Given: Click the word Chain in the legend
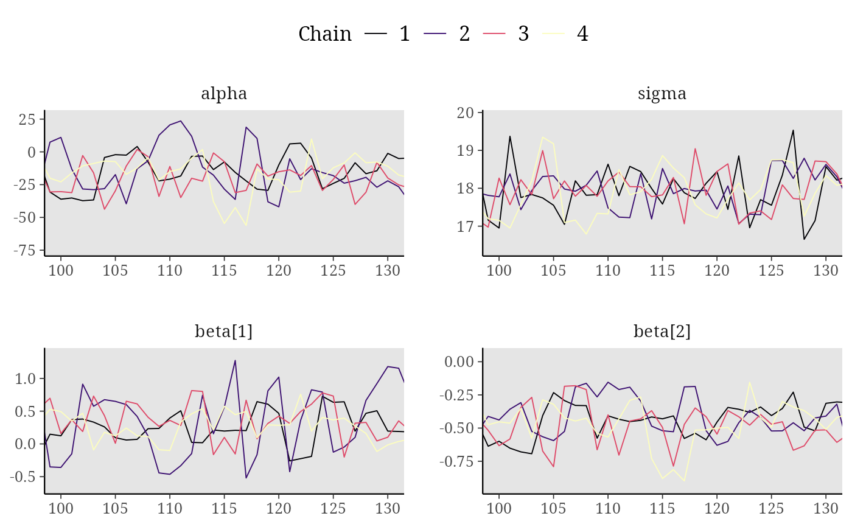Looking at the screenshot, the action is click(325, 34).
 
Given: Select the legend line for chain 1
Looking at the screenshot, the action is click(375, 34).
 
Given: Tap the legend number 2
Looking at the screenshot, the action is click(464, 34).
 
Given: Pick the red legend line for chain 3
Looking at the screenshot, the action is click(494, 34).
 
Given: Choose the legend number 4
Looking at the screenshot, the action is click(583, 34).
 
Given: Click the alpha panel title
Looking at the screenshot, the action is click(224, 94).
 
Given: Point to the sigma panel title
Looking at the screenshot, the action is click(662, 94).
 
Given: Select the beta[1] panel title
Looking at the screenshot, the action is click(224, 331).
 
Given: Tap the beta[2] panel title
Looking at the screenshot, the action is click(662, 331).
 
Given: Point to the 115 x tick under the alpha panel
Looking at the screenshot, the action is click(224, 271).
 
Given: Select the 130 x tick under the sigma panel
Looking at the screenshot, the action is click(826, 271).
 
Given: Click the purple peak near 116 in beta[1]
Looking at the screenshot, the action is click(235, 360).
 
